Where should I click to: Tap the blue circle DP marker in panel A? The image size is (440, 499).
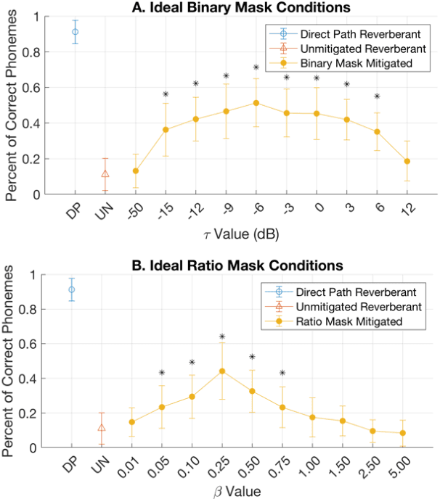pyautogui.click(x=75, y=32)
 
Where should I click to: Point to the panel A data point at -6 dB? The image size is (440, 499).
pyautogui.click(x=256, y=103)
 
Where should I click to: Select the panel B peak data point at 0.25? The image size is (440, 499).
pyautogui.click(x=222, y=371)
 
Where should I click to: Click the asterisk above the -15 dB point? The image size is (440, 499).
pyautogui.click(x=166, y=94)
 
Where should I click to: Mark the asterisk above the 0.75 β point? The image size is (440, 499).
pyautogui.click(x=282, y=374)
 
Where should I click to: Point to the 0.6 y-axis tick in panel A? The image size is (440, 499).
pyautogui.click(x=37, y=88)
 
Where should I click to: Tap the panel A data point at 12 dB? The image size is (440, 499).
pyautogui.click(x=407, y=161)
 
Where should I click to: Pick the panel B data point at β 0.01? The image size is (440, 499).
pyautogui.click(x=131, y=422)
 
